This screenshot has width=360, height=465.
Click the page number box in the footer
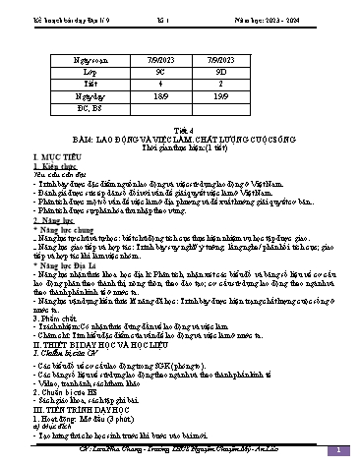click(336, 450)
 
